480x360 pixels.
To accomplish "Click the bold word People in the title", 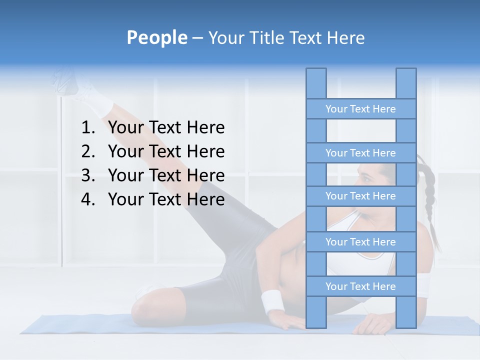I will click(156, 37).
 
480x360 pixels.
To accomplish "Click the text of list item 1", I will click(166, 128).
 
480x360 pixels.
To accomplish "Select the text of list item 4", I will click(166, 199).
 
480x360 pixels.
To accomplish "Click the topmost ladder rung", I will click(360, 109).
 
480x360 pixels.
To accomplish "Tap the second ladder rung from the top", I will click(360, 153).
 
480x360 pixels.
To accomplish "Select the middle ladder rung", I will click(360, 196).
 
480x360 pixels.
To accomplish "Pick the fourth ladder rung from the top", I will click(360, 242).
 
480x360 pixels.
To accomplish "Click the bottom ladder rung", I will click(360, 286).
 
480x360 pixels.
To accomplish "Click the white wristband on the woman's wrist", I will click(272, 301).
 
